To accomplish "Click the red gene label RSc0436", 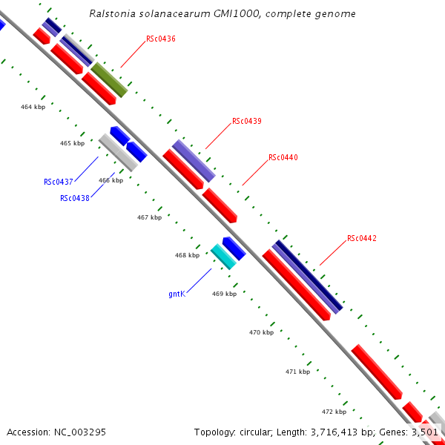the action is tap(161, 39).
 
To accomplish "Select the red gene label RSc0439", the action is tap(246, 121).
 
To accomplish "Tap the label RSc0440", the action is tap(283, 157).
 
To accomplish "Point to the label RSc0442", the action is tap(362, 239).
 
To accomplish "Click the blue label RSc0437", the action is tap(58, 182).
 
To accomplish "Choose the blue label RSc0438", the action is tap(75, 198).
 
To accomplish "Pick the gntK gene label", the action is tap(177, 294).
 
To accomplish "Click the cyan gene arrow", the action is tap(223, 257).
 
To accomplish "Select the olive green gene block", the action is tap(109, 80).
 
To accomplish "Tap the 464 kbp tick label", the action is tap(33, 108).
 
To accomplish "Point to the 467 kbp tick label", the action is tap(149, 218).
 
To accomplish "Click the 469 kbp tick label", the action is tap(224, 294).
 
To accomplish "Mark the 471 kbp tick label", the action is tap(297, 372).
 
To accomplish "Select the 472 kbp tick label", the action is tap(334, 412).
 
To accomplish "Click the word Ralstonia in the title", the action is tap(111, 13).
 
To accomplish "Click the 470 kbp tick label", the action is tap(261, 333).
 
